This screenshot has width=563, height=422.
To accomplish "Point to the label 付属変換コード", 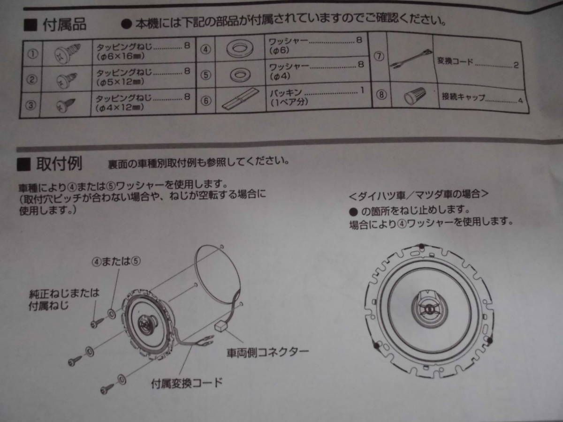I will coord(187,383).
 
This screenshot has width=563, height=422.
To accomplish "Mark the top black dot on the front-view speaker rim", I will coord(421,246).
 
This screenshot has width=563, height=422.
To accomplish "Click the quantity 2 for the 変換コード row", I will coord(516,65).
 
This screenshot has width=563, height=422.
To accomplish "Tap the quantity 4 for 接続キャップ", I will coord(520,100).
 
